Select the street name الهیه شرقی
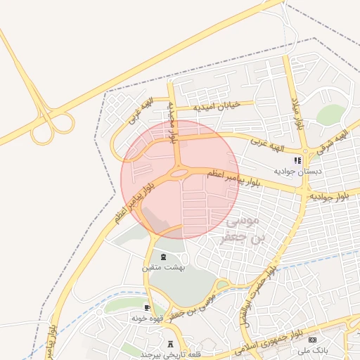[332, 140]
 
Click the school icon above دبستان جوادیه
[297, 160]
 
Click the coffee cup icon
[148, 308]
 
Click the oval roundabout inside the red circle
[179, 172]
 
